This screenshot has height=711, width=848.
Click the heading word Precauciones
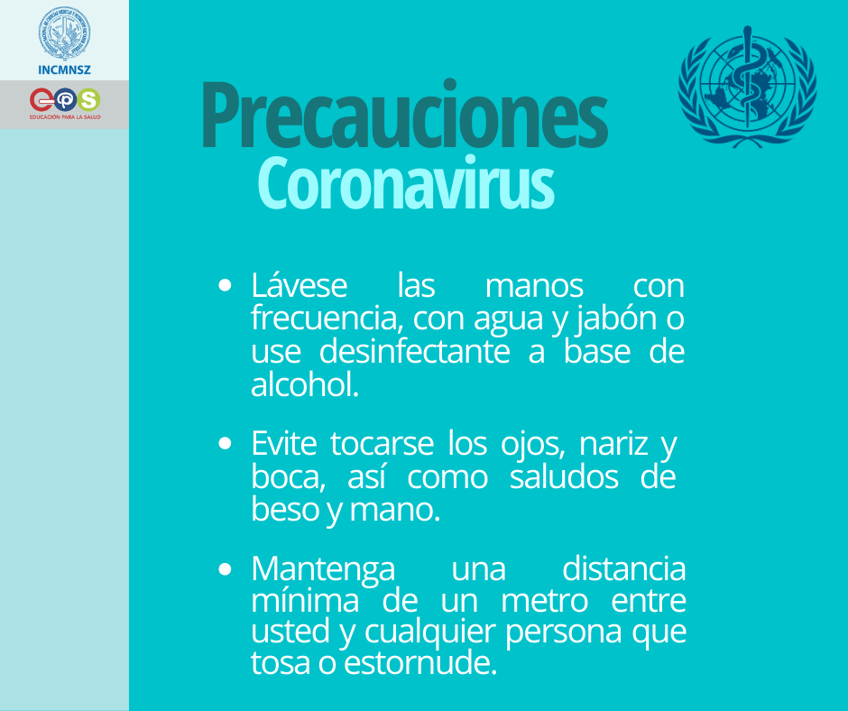click(403, 115)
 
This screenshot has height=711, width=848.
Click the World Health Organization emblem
click(747, 87)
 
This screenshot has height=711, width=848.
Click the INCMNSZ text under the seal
click(64, 69)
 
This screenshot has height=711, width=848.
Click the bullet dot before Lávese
click(226, 286)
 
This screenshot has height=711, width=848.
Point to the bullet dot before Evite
click(226, 444)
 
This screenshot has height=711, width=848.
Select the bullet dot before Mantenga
click(226, 570)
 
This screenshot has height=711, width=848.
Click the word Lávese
click(299, 286)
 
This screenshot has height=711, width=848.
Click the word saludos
click(564, 477)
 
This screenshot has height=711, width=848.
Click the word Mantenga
click(323, 570)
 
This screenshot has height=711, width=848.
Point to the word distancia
click(623, 569)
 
